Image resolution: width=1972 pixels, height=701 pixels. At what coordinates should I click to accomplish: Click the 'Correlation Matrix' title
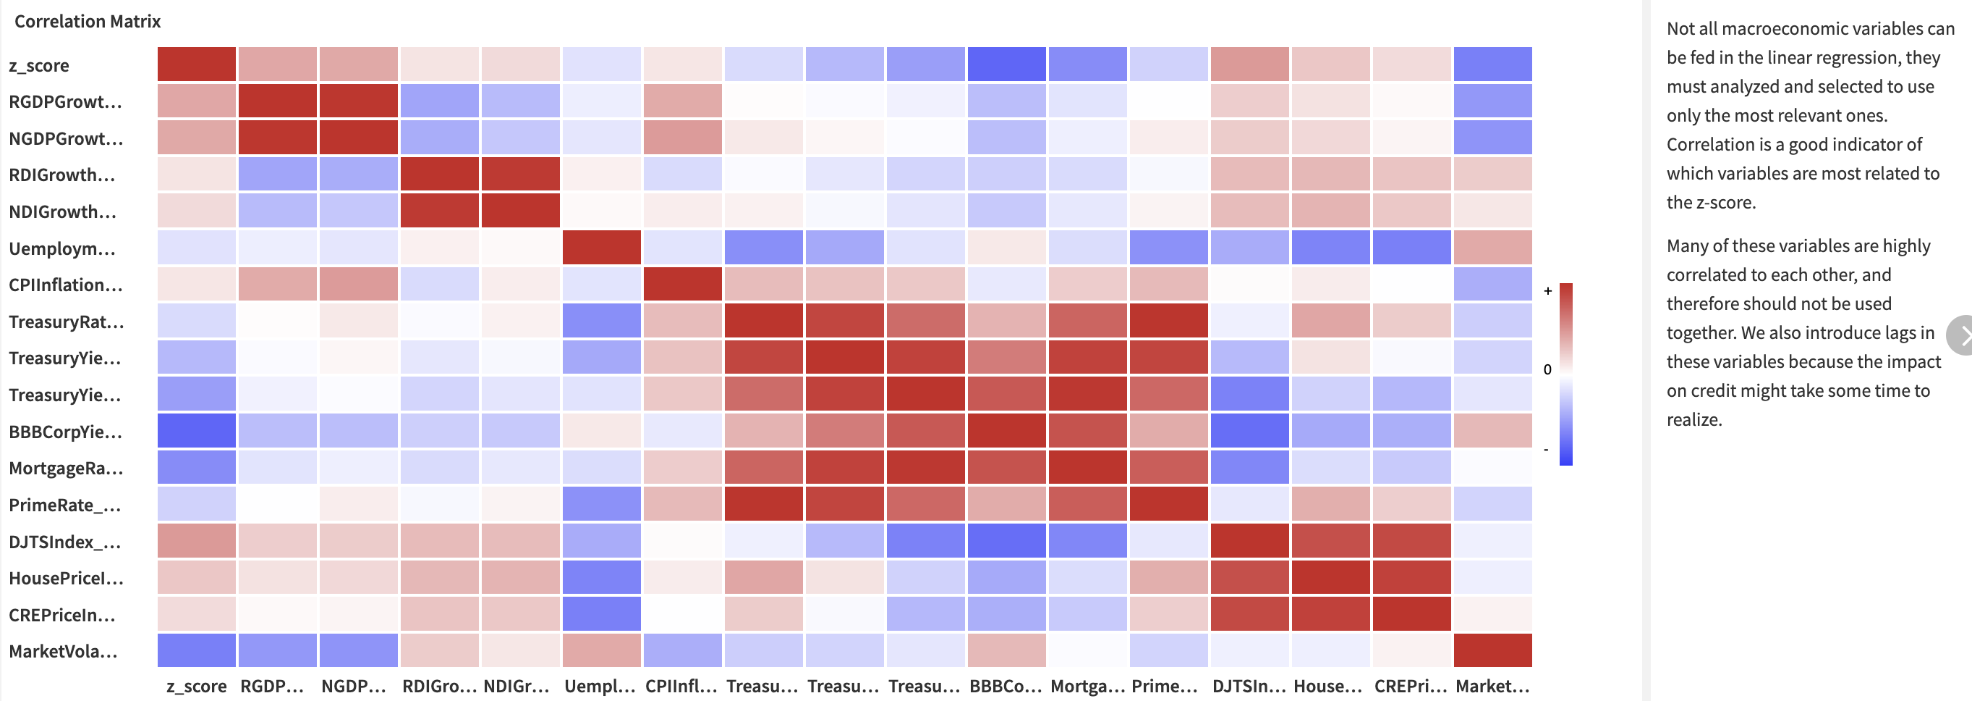[x=88, y=22]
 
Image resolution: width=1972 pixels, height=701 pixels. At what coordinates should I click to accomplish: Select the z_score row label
[x=39, y=66]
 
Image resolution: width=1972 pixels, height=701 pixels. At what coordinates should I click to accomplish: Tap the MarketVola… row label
[x=63, y=652]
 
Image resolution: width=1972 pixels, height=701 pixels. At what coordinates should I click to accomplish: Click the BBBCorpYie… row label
[x=65, y=432]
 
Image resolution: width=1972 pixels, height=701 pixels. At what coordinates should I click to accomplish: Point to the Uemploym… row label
[x=62, y=249]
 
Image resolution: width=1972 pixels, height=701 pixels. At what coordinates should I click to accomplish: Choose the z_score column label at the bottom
[x=197, y=687]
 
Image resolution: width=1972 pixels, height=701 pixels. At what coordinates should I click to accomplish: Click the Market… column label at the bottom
[x=1492, y=687]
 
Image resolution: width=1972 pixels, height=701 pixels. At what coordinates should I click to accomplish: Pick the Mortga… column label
[x=1087, y=687]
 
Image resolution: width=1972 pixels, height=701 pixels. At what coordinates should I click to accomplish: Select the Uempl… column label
[x=600, y=687]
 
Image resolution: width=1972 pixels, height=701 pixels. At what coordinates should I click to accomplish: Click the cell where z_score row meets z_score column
[x=197, y=64]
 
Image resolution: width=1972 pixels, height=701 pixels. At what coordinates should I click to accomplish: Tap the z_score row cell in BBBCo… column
[x=1006, y=64]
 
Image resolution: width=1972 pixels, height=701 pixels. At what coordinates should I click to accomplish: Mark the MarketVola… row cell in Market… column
[x=1492, y=650]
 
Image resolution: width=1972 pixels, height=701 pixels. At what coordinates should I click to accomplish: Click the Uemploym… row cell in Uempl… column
[x=601, y=248]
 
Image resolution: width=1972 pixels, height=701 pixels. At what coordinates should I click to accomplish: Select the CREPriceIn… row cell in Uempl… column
[x=601, y=613]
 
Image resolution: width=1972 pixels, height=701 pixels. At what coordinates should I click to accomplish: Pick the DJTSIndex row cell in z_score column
[x=197, y=541]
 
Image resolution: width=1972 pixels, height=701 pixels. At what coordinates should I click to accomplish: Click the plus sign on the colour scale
[x=1548, y=291]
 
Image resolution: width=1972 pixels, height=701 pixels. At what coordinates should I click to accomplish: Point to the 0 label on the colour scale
[x=1548, y=369]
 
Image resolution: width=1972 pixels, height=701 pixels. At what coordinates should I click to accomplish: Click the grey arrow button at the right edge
[x=1961, y=335]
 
